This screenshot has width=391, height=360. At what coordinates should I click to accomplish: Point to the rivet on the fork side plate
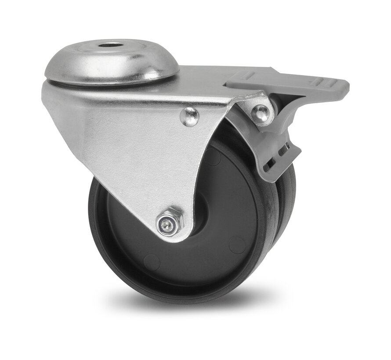tap(190, 116)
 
